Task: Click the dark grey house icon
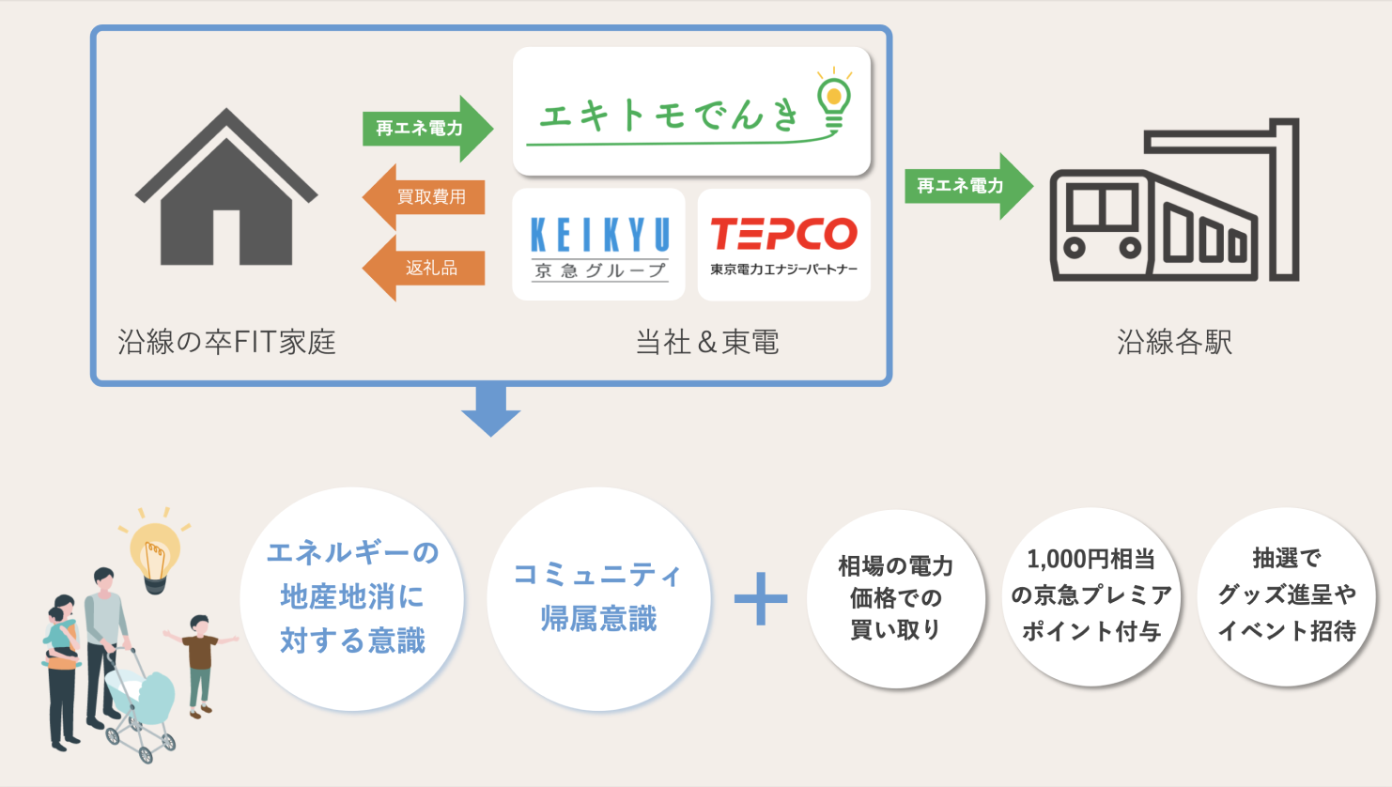click(x=226, y=193)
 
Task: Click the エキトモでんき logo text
click(x=667, y=116)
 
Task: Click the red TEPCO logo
click(x=783, y=235)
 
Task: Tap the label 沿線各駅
click(x=1174, y=342)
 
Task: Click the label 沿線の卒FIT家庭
click(x=226, y=342)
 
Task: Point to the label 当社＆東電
click(x=707, y=342)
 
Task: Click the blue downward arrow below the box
click(x=490, y=411)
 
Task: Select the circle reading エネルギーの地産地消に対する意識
click(x=352, y=597)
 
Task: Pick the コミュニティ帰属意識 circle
click(x=598, y=597)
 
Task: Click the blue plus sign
click(x=761, y=598)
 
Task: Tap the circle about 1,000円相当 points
click(x=1090, y=597)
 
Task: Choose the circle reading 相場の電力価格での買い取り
click(x=895, y=598)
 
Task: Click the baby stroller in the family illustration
click(x=139, y=704)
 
